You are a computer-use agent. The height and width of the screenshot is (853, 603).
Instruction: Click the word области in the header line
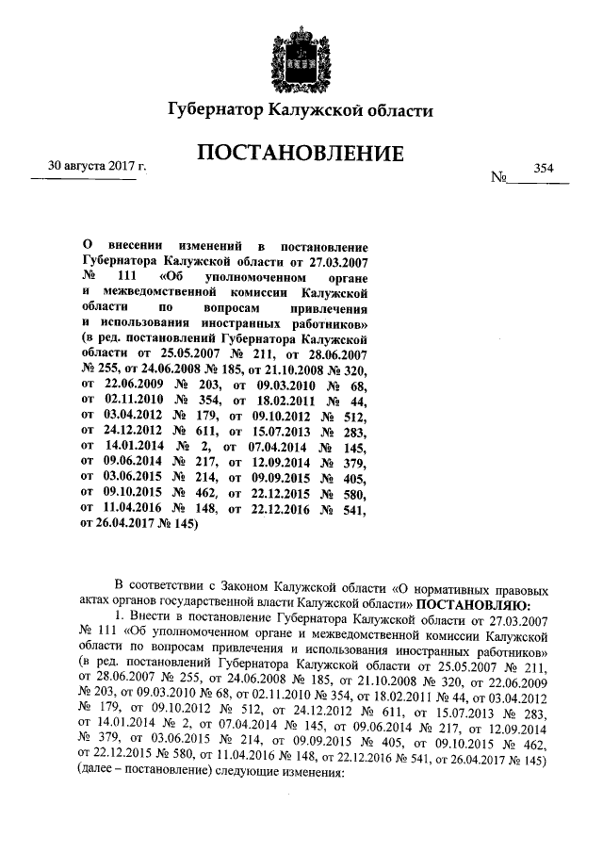click(395, 111)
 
